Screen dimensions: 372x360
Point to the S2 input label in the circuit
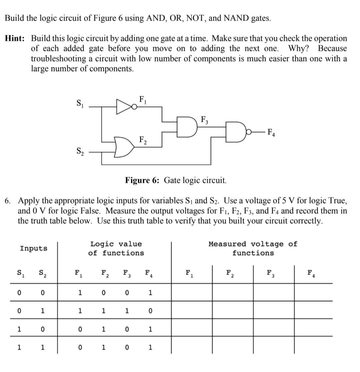[x=79, y=151]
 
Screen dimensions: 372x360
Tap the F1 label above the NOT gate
[x=142, y=99]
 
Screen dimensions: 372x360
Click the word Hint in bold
[x=14, y=38]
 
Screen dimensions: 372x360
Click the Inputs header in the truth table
[x=33, y=248]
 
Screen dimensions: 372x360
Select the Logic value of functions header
[x=116, y=248]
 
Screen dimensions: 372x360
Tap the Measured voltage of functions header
[x=253, y=248]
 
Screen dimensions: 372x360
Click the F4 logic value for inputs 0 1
[x=150, y=311]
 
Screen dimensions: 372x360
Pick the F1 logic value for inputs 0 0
[x=79, y=293]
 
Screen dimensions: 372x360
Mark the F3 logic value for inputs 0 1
[x=127, y=311]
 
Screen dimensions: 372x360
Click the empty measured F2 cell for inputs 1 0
[x=232, y=329]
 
